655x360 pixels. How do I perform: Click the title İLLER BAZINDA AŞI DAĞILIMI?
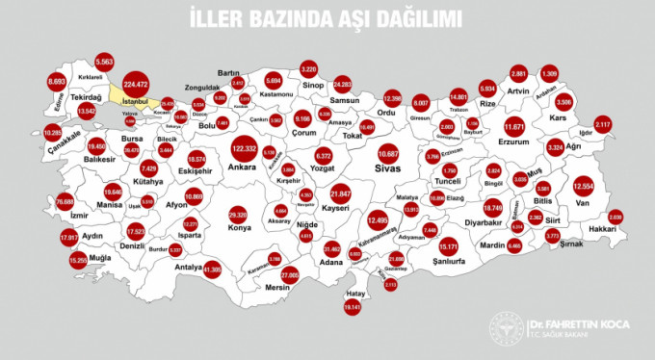pos(327,17)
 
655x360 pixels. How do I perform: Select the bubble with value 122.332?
pos(243,149)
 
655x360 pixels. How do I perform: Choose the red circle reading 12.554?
pos(585,185)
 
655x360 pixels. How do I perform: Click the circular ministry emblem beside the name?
pos(506,331)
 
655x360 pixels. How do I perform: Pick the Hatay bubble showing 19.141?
pos(351,306)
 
